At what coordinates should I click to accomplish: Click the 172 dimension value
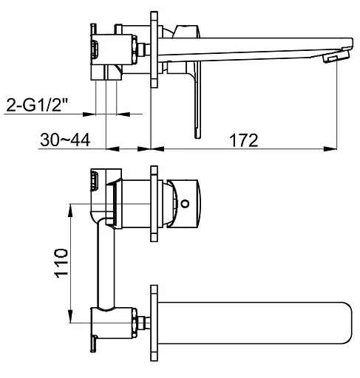coord(244,140)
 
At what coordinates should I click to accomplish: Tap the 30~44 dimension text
coord(65,140)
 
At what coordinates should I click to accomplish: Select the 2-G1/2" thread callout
coord(37,105)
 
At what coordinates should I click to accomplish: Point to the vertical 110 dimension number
coord(61,263)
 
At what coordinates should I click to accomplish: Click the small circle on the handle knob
coord(185,204)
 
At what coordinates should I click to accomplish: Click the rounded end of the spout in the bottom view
coord(347,323)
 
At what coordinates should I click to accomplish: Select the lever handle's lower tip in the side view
coord(197,137)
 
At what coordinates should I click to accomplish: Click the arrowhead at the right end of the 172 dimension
coord(330,148)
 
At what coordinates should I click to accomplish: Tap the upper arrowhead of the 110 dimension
coord(71,210)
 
